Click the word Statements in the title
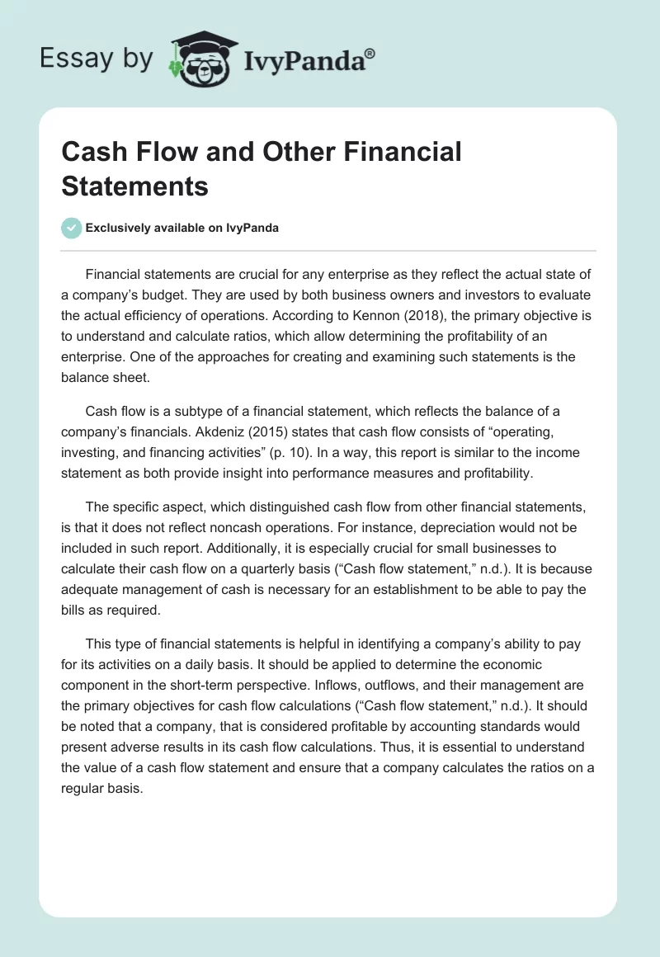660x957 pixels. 134,186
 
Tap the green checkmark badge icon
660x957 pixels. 72,228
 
